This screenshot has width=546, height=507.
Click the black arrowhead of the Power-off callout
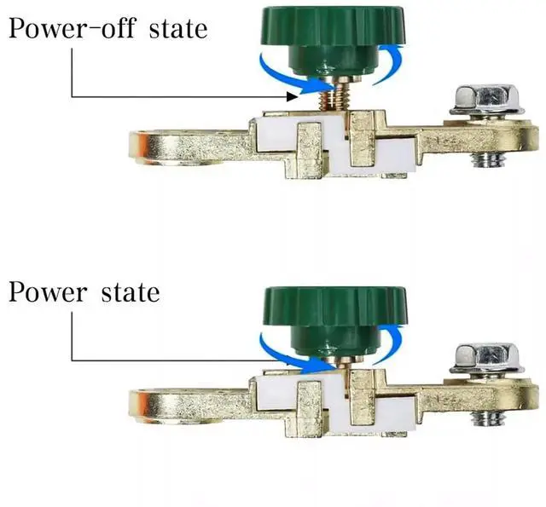coord(293,97)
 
